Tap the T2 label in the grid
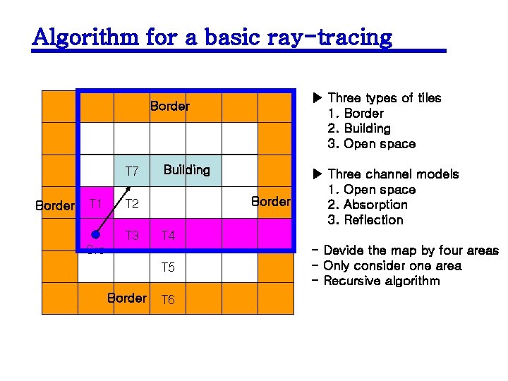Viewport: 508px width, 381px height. pyautogui.click(x=132, y=205)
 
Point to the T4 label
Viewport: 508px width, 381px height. pyautogui.click(x=168, y=236)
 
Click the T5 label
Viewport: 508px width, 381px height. pyautogui.click(x=168, y=267)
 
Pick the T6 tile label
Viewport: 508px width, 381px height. pyautogui.click(x=168, y=300)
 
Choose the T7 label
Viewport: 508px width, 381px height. pyautogui.click(x=132, y=171)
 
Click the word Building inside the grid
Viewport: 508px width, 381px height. pyautogui.click(x=186, y=170)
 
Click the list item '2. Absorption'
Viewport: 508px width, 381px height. pyautogui.click(x=368, y=205)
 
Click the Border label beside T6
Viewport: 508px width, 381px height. pyautogui.click(x=127, y=298)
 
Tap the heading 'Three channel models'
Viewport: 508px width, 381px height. pyautogui.click(x=393, y=174)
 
